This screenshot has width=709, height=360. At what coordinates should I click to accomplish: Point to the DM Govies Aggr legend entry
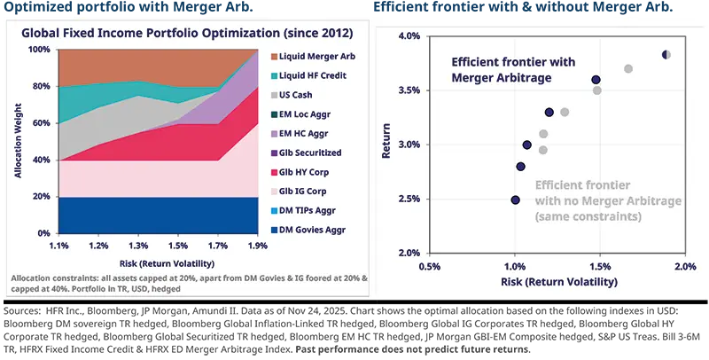pyautogui.click(x=311, y=230)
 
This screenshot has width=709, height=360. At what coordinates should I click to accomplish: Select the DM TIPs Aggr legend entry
pyautogui.click(x=309, y=210)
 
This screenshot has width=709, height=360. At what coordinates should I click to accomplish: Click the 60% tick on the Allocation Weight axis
pyautogui.click(x=41, y=123)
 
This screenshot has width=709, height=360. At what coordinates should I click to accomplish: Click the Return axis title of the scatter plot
pyautogui.click(x=386, y=145)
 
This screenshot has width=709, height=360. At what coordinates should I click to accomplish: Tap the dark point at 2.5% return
pyautogui.click(x=515, y=200)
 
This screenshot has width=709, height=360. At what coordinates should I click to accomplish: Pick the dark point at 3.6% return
pyautogui.click(x=596, y=80)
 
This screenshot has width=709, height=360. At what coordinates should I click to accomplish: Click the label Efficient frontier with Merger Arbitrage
pyautogui.click(x=512, y=70)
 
